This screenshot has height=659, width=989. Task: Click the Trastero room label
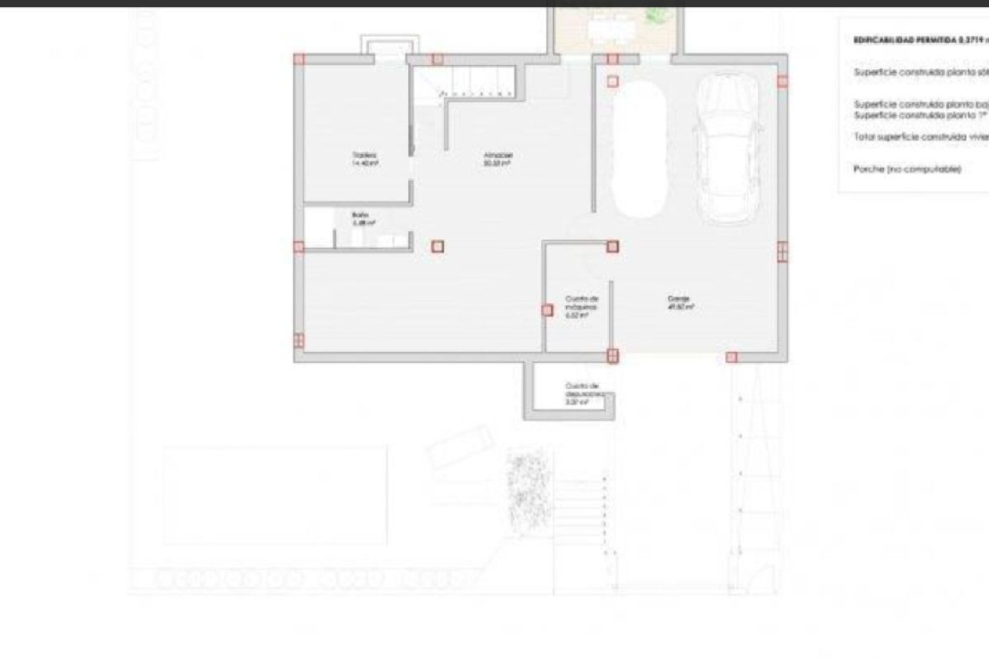[365, 155]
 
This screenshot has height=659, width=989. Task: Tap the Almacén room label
[498, 155]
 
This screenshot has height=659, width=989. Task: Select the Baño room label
[360, 215]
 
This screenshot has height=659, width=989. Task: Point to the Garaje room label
[678, 299]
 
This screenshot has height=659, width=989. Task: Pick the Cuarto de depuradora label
[582, 389]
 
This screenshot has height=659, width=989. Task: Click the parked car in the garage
[728, 148]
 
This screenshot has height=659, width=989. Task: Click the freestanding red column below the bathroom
[437, 246]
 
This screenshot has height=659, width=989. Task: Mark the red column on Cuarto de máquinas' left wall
[547, 310]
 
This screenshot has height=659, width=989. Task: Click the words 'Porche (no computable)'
[907, 169]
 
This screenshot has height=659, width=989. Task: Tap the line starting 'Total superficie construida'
[920, 137]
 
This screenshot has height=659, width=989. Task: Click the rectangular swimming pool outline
[275, 495]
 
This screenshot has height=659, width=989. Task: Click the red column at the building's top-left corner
[299, 59]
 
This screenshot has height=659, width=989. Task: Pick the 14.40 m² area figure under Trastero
[365, 163]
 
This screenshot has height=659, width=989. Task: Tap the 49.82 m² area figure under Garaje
[680, 307]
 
